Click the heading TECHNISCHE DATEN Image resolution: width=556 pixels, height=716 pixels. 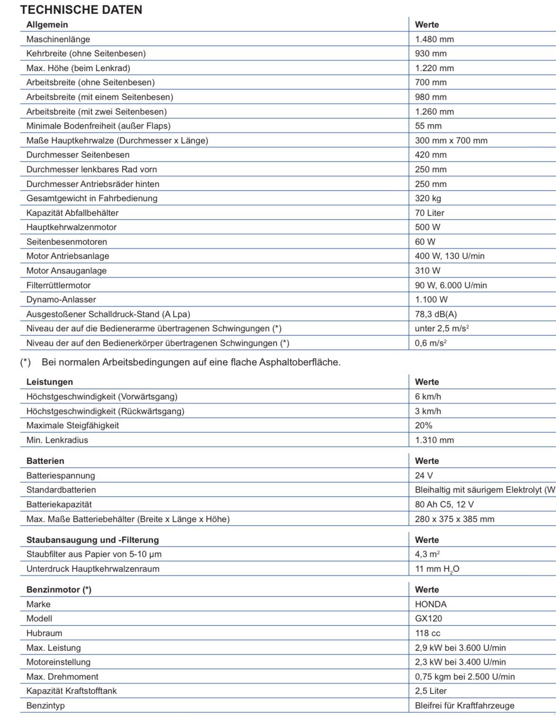point(81,9)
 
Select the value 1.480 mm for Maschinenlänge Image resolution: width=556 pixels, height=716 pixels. point(434,39)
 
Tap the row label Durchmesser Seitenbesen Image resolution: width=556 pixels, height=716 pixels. point(78,155)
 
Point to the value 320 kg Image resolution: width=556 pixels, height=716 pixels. point(428,198)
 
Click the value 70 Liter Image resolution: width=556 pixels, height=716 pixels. point(429,213)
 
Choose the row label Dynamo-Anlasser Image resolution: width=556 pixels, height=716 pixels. point(61,300)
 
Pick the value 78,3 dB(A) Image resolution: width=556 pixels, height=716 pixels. point(436,314)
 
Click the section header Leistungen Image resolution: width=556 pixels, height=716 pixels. point(50,382)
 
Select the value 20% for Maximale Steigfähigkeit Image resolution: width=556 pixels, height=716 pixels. point(424,425)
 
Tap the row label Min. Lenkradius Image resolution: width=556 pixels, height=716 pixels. point(57,440)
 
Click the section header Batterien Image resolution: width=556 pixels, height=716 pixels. point(45,461)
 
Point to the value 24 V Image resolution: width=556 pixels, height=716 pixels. point(424,476)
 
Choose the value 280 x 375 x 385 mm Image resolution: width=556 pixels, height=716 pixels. point(454,519)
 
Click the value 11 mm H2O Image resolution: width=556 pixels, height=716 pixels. point(437,569)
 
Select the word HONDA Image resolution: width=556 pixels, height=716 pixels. point(431,604)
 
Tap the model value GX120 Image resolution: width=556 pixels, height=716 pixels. point(429,619)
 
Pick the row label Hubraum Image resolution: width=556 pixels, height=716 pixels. point(44,633)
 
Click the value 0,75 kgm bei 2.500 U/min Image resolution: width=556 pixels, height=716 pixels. point(465,677)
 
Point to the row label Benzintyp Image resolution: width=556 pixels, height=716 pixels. point(45,706)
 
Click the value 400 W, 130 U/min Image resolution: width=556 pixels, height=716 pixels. point(450,256)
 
